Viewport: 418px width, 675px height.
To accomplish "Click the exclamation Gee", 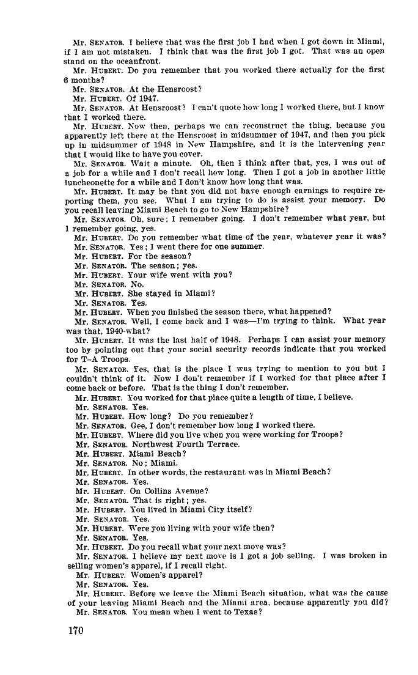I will tap(135, 425).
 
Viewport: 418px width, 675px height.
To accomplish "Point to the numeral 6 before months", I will tap(67, 79).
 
